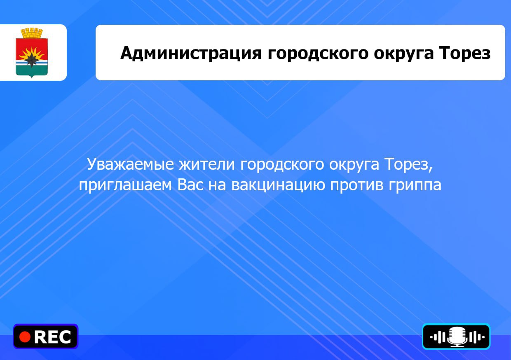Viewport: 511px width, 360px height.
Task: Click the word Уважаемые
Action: pos(130,164)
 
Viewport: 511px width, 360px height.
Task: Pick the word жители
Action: pos(207,165)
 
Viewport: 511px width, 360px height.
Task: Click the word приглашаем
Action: pos(125,185)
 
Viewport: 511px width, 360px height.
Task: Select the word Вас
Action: pos(190,185)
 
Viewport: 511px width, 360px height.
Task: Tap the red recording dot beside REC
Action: pos(25,337)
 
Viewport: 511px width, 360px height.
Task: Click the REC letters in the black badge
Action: pos(52,337)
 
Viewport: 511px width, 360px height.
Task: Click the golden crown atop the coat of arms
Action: pos(32,33)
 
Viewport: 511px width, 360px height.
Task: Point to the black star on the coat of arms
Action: pos(31,59)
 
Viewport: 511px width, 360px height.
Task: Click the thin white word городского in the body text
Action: pos(282,165)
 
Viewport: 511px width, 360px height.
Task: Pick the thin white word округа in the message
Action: pos(354,165)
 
